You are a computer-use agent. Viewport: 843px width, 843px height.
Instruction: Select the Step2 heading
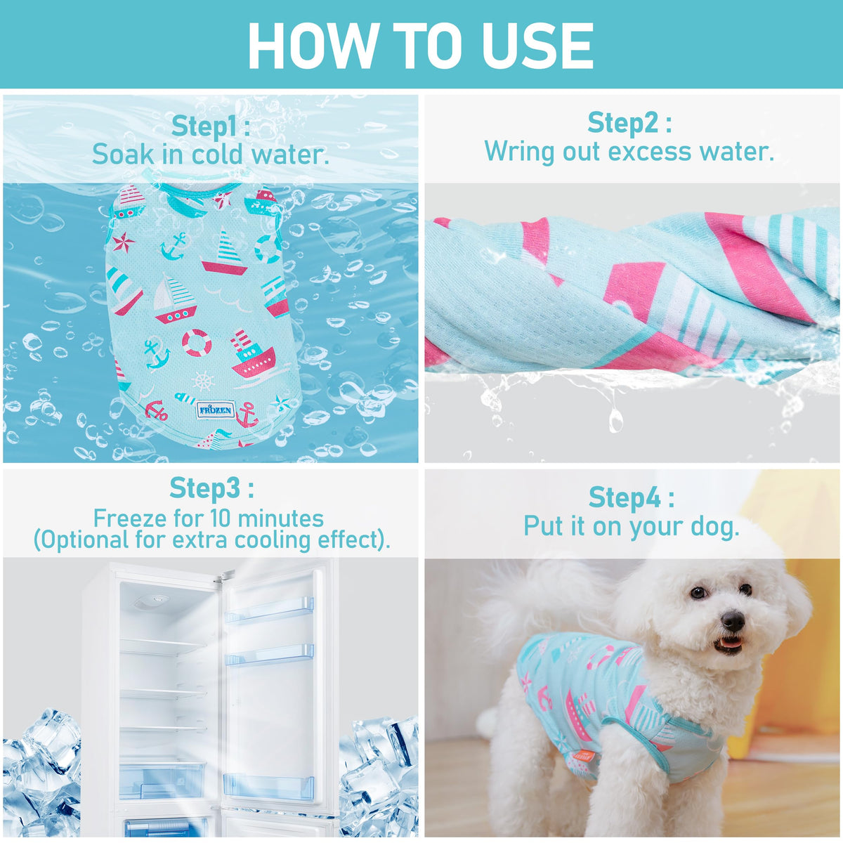point(629,123)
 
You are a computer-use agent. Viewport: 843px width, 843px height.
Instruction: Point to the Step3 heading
point(211,488)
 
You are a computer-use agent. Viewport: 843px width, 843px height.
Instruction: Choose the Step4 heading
point(632,498)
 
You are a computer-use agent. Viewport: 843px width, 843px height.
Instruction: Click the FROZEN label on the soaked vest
point(215,410)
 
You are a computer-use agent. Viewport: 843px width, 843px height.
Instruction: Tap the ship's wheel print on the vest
point(204,381)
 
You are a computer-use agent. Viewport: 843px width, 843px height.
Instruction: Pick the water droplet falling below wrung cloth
point(614,419)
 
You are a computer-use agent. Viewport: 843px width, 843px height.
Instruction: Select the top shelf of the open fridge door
point(269,610)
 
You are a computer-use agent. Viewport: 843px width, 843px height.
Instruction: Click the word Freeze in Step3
point(131,518)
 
